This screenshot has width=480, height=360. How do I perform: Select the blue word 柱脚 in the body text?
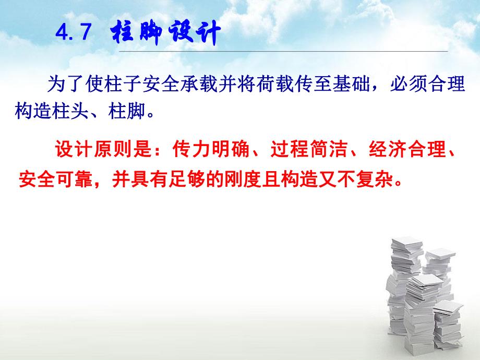tap(129, 111)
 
